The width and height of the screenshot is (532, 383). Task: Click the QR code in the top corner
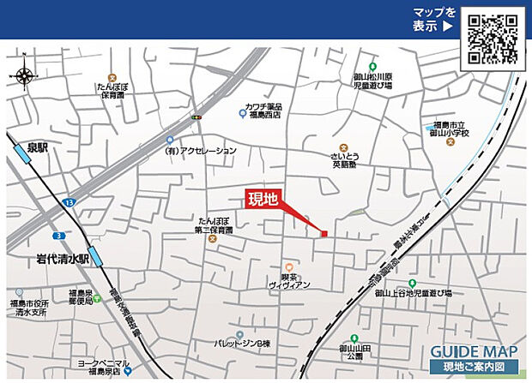click(493, 38)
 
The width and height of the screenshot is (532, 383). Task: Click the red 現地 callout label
click(263, 200)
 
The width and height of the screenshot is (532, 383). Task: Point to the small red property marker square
click(323, 233)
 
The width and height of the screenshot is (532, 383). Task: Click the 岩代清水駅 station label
click(63, 257)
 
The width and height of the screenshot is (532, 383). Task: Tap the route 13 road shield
click(68, 202)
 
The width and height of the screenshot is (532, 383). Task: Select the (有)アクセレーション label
click(200, 151)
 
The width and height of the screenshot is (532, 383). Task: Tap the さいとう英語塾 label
click(344, 162)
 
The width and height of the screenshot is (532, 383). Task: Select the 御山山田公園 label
click(353, 352)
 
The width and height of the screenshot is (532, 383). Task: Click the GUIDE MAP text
click(474, 351)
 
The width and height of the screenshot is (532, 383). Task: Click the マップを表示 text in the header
click(433, 19)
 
